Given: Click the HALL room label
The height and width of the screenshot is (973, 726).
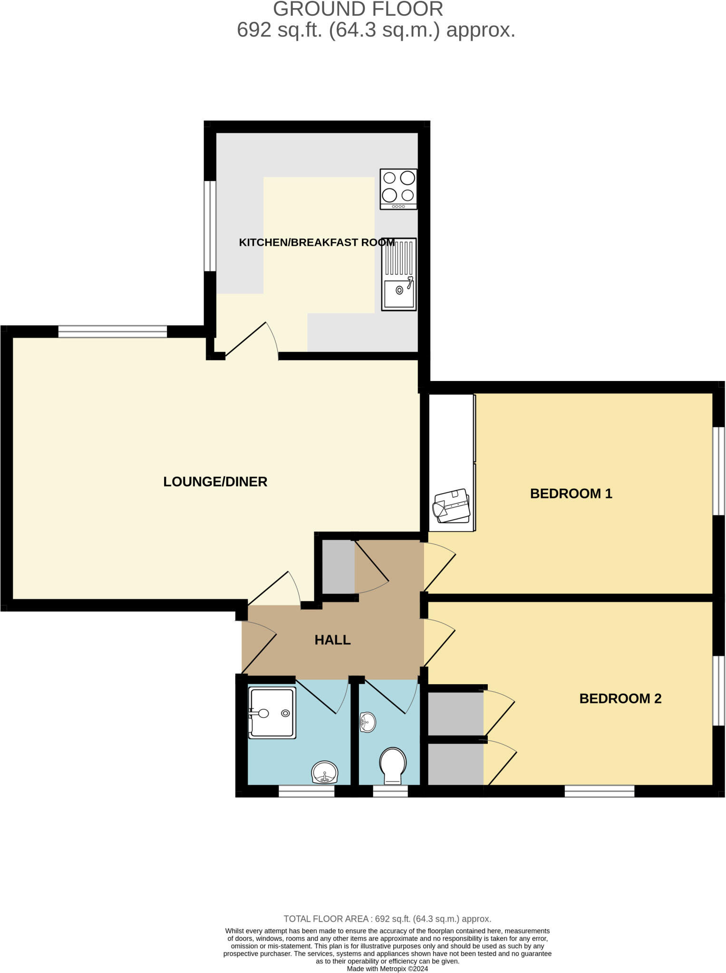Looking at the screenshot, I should [x=332, y=640].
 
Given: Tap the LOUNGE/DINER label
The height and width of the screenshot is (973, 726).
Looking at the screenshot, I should [x=215, y=482].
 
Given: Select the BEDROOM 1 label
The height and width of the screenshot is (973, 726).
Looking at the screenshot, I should [x=571, y=494].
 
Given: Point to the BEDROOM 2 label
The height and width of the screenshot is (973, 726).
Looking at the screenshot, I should [x=620, y=698].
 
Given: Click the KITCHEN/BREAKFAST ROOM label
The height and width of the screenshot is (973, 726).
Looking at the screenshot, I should [x=316, y=242].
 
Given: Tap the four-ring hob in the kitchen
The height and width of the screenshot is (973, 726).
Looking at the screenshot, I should [x=398, y=189].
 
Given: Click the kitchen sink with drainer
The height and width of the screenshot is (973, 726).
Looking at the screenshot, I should [x=399, y=275].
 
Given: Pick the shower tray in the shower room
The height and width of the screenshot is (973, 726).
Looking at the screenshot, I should [x=272, y=713].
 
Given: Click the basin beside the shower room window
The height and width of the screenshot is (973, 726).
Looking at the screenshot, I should [x=325, y=772].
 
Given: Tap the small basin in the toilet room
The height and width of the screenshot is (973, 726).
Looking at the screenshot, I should [x=368, y=722].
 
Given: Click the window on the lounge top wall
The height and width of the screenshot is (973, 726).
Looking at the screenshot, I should [x=113, y=331].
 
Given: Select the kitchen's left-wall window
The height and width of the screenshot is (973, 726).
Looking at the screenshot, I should [x=210, y=226].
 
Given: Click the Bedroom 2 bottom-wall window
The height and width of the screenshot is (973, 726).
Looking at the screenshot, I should [x=599, y=791].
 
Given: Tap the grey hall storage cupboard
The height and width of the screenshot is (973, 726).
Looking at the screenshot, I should [x=338, y=567].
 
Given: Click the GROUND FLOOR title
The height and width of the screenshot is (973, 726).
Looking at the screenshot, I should [x=358, y=9].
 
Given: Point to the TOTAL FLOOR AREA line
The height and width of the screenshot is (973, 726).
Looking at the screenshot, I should [x=387, y=919].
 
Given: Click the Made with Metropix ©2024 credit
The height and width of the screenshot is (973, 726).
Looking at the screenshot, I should [x=387, y=969].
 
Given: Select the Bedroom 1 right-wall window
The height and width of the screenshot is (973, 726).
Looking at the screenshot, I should [x=718, y=471].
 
